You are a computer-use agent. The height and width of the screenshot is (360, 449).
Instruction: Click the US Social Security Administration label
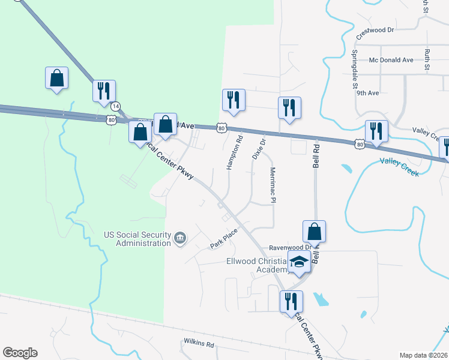pos(137,239)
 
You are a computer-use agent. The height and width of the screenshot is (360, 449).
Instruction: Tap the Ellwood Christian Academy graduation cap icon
pos(298,262)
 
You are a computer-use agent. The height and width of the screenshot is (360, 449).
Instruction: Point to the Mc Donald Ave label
pos(391,60)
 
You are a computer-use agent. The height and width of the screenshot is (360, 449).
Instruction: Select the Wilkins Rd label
pos(199,344)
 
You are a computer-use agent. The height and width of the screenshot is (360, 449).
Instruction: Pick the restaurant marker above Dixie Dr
pos(289,108)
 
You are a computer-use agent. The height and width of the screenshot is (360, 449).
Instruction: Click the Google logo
pos(20,353)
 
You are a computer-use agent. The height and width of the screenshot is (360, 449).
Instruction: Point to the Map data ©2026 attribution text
pos(423,355)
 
